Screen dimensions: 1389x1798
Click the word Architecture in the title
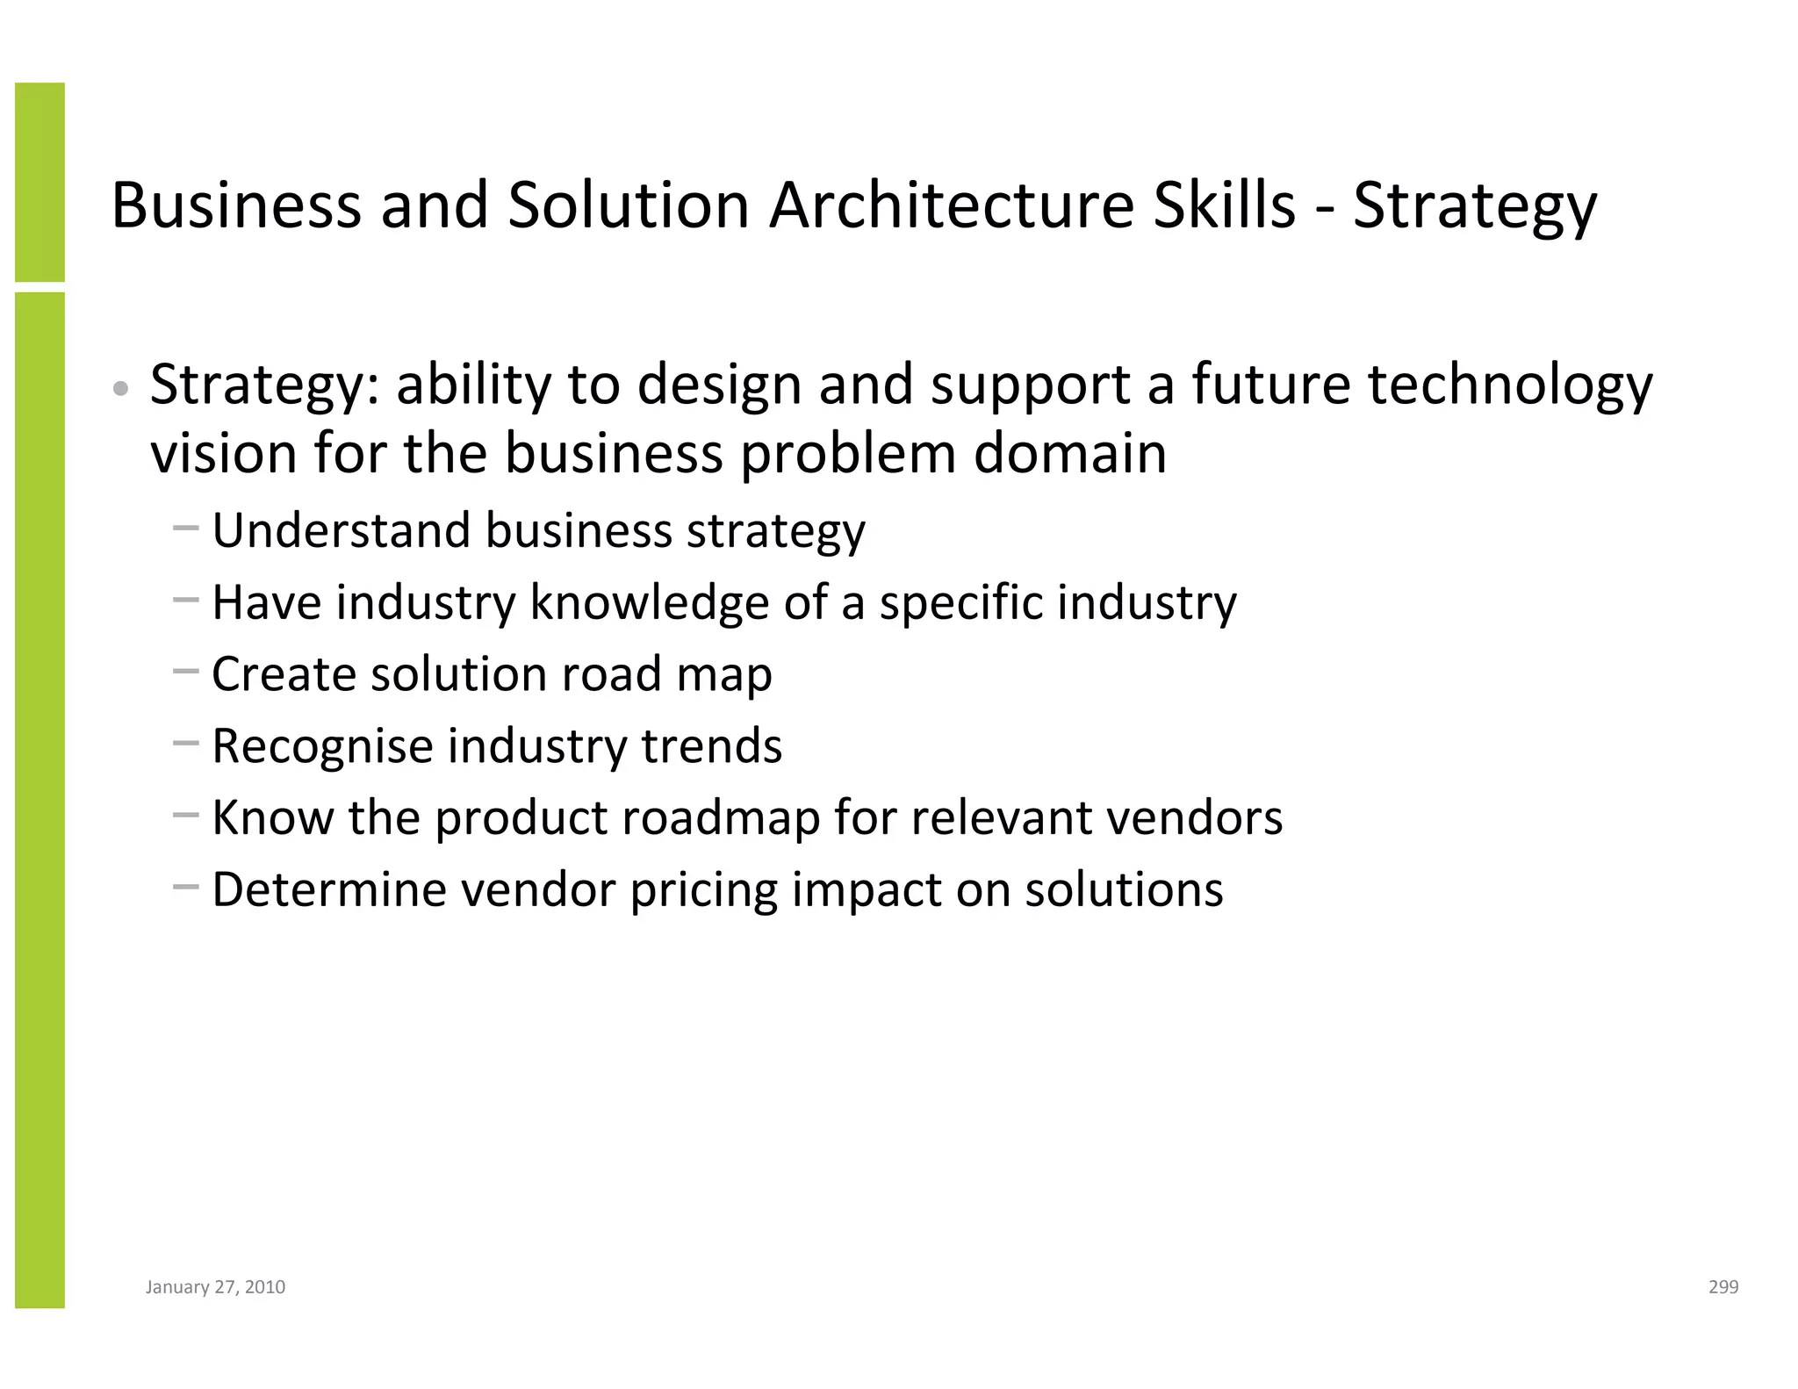(x=951, y=205)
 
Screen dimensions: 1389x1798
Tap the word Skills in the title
(x=1224, y=205)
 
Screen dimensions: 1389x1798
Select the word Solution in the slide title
(x=628, y=205)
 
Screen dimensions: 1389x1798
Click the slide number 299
(x=1723, y=1287)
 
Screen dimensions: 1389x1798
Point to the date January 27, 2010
(x=215, y=1287)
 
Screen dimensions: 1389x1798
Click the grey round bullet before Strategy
(x=122, y=389)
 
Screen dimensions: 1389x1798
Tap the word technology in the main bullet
(x=1510, y=386)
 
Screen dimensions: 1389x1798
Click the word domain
(x=1069, y=454)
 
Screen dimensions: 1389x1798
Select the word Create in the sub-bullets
(x=284, y=674)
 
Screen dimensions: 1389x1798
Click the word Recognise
(x=322, y=746)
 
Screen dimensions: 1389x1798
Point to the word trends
(x=711, y=746)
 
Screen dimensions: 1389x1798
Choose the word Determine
(x=328, y=889)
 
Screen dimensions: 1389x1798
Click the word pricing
(x=703, y=891)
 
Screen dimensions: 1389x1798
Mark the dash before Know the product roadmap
(x=186, y=815)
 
